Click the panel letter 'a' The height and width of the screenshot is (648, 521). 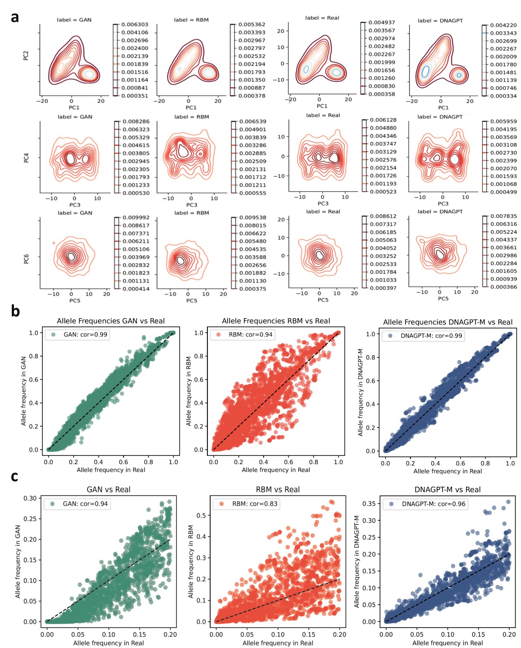point(15,17)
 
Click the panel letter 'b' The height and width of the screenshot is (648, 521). point(15,311)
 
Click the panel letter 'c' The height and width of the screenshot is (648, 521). point(14,476)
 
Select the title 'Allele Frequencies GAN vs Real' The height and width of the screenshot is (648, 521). point(111,321)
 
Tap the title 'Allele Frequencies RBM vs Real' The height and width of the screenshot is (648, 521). point(276,321)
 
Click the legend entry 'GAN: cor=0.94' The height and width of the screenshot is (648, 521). point(85,504)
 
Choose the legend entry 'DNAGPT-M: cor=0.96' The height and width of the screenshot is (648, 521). point(433,504)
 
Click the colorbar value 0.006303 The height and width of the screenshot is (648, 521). point(135,25)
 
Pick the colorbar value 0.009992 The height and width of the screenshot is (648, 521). point(136,217)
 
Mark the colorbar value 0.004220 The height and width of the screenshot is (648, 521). point(503,25)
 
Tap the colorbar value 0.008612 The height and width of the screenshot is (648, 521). point(383,216)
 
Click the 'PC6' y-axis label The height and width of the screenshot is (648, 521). point(26,259)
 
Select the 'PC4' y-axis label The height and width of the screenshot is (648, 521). point(26,157)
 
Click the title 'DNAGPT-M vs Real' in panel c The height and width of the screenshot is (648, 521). point(447,490)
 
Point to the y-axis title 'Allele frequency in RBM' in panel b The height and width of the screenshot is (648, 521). point(189,391)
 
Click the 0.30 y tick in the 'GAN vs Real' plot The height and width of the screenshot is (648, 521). point(30,498)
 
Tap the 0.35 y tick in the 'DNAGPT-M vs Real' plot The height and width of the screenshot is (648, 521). point(369,504)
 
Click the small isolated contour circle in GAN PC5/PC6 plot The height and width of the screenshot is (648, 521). point(54,243)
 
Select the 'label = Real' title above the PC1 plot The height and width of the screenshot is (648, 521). point(322,18)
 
